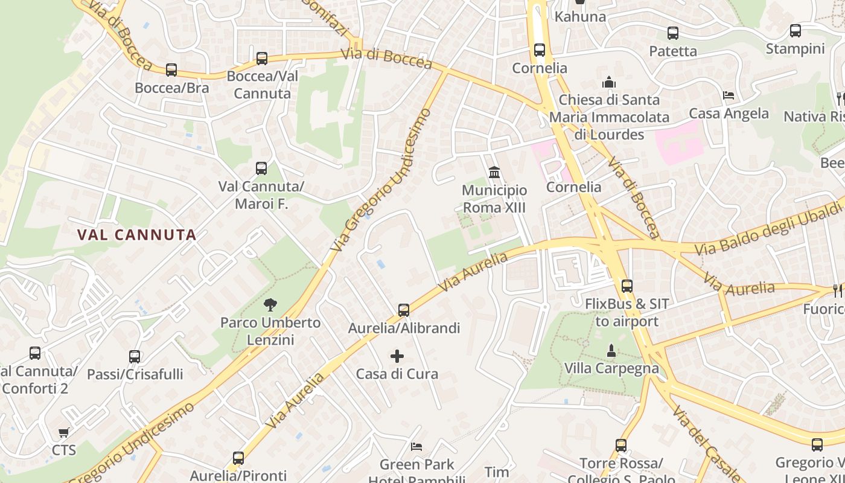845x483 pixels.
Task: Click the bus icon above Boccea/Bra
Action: click(x=171, y=70)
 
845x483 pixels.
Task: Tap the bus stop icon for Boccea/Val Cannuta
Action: click(x=262, y=59)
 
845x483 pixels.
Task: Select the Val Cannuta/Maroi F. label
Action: click(x=261, y=195)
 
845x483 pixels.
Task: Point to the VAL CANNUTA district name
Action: click(x=137, y=235)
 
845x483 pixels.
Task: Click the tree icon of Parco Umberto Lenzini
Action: click(x=270, y=305)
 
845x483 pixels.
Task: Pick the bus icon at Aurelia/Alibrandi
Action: click(x=404, y=310)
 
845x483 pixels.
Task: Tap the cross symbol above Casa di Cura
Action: click(x=397, y=356)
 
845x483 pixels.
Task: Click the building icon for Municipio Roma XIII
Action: click(x=494, y=173)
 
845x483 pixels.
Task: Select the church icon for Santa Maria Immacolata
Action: click(x=609, y=82)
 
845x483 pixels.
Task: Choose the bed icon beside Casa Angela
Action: click(x=729, y=95)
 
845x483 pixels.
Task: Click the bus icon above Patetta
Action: click(x=673, y=33)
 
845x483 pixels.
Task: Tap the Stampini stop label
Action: click(x=795, y=49)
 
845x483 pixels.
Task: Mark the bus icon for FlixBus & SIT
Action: click(x=627, y=286)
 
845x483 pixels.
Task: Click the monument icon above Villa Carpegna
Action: click(x=611, y=350)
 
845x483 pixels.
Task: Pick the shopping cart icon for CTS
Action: click(x=63, y=432)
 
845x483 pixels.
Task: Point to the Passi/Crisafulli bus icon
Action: click(x=135, y=357)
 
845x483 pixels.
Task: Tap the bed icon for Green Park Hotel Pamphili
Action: click(x=416, y=447)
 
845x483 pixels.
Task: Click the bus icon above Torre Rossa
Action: click(x=621, y=446)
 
